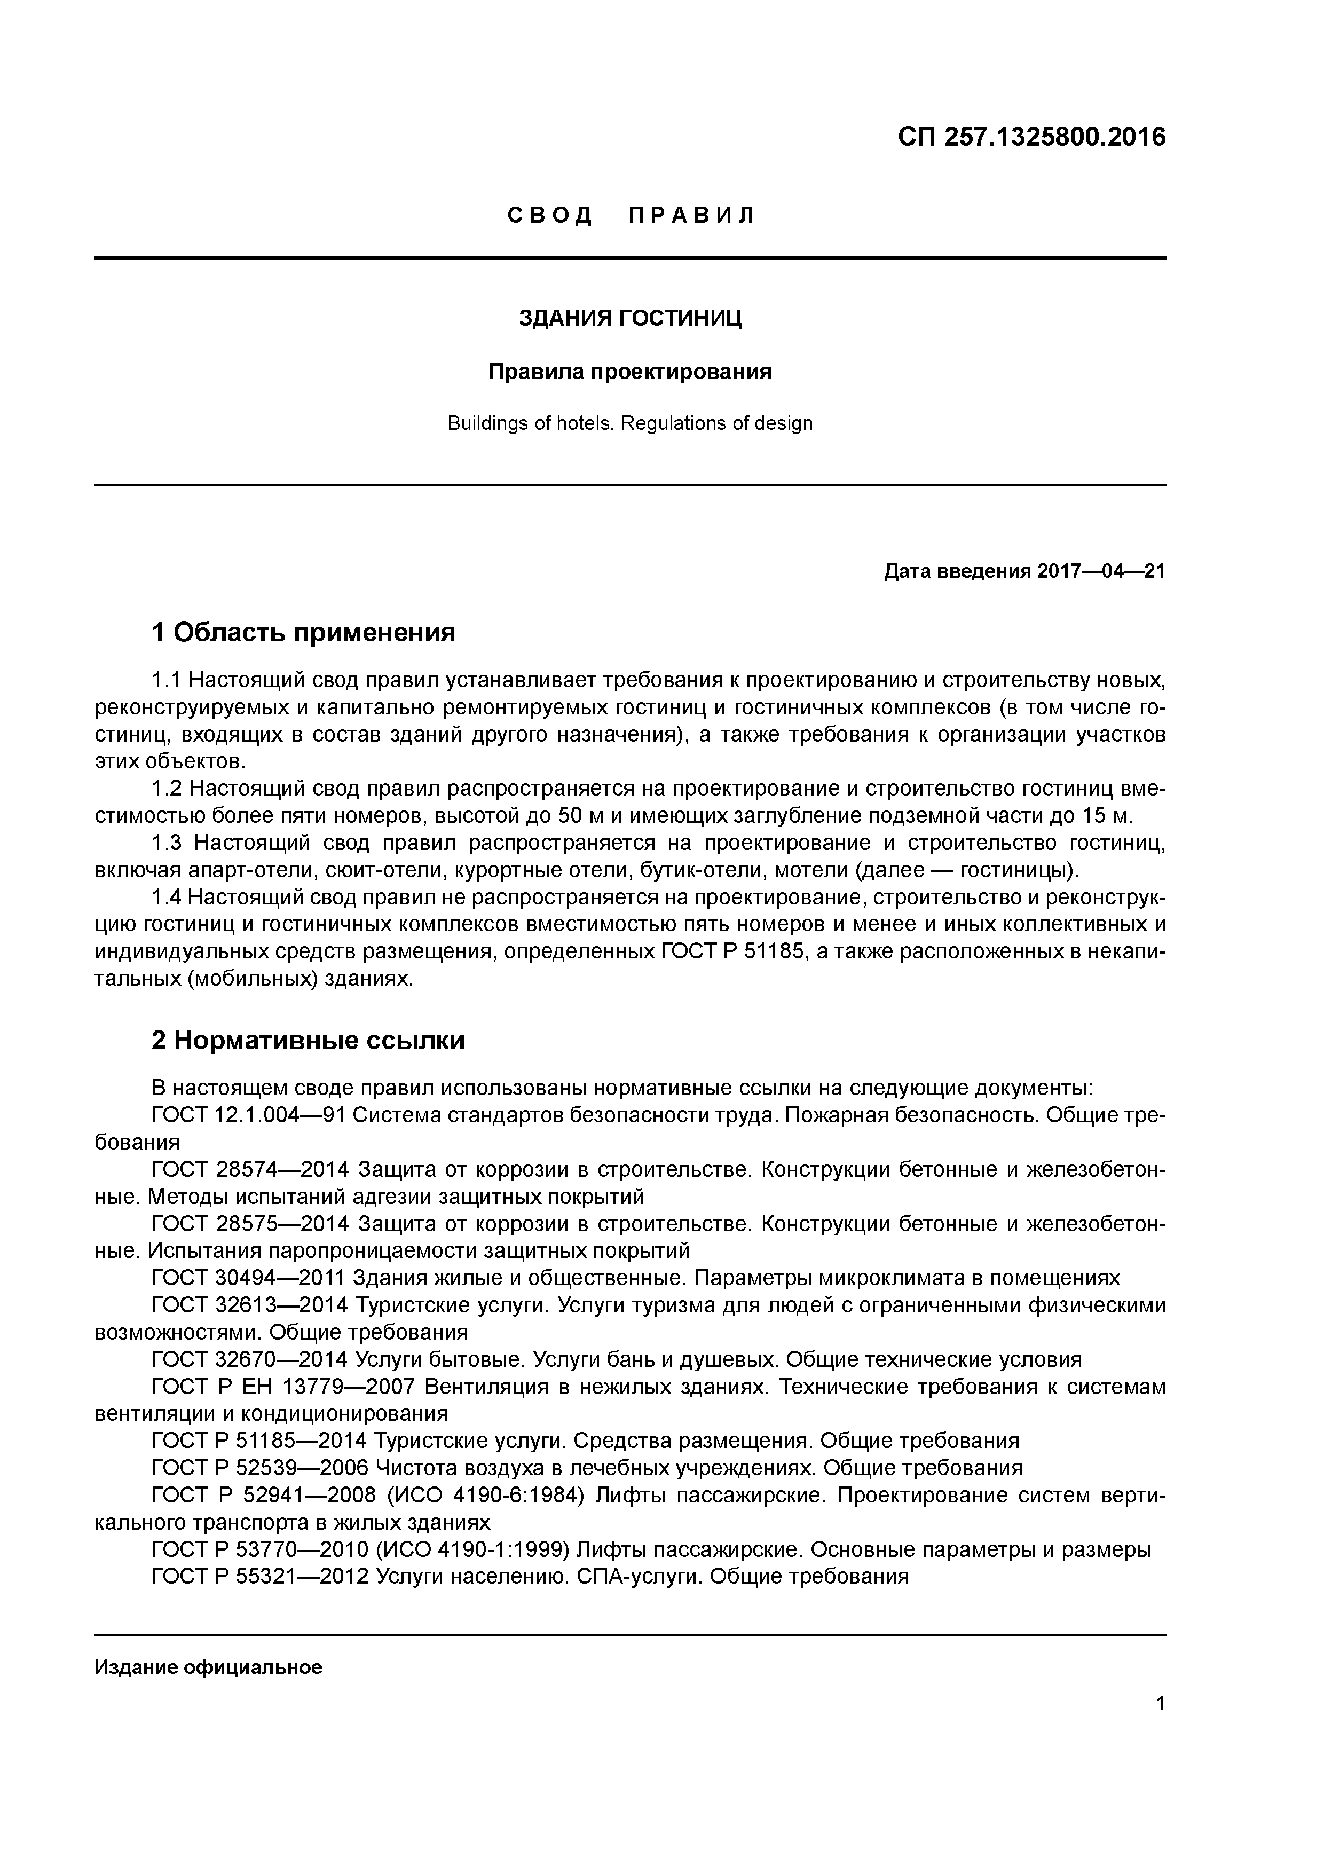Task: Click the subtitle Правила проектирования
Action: (630, 373)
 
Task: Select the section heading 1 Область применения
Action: (303, 632)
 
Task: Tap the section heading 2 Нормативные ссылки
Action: (309, 1041)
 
